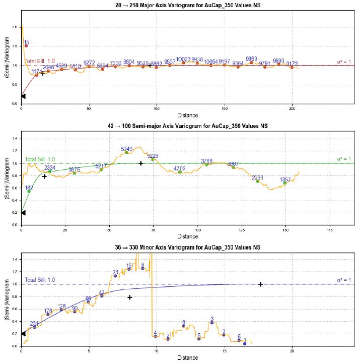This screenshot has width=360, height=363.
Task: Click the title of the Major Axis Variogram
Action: [187, 5]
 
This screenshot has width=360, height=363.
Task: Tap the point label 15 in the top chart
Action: [27, 42]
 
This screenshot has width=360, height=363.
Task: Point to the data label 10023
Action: [183, 59]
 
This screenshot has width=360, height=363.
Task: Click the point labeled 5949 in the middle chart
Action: [128, 149]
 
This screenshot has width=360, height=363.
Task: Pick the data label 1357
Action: [285, 179]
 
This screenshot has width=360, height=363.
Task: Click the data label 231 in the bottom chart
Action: [34, 324]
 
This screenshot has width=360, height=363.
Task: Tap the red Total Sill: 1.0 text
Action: [40, 61]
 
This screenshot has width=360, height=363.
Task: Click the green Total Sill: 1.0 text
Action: [40, 159]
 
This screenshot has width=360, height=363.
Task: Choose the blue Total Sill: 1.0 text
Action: [40, 280]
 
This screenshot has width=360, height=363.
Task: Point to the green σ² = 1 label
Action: [345, 160]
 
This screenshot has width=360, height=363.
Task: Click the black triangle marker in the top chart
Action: [23, 96]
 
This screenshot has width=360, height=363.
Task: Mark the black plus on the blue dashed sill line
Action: [260, 284]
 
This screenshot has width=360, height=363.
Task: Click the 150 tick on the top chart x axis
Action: [225, 108]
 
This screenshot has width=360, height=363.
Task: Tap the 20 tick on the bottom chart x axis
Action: [292, 351]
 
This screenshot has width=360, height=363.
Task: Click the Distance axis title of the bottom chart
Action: [187, 357]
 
